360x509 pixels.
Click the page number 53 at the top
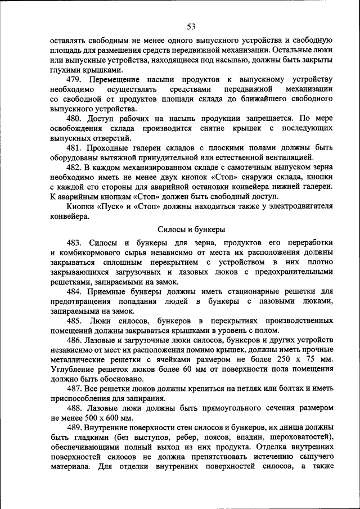coord(191,26)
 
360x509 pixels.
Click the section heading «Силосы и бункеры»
coord(191,229)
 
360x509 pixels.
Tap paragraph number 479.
coord(76,79)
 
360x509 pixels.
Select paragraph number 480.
coord(76,119)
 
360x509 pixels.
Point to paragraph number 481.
coord(76,148)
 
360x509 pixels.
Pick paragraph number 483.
coord(76,242)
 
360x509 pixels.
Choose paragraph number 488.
coord(76,408)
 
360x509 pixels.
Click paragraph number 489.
coord(76,428)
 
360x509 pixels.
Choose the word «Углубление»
coord(74,370)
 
